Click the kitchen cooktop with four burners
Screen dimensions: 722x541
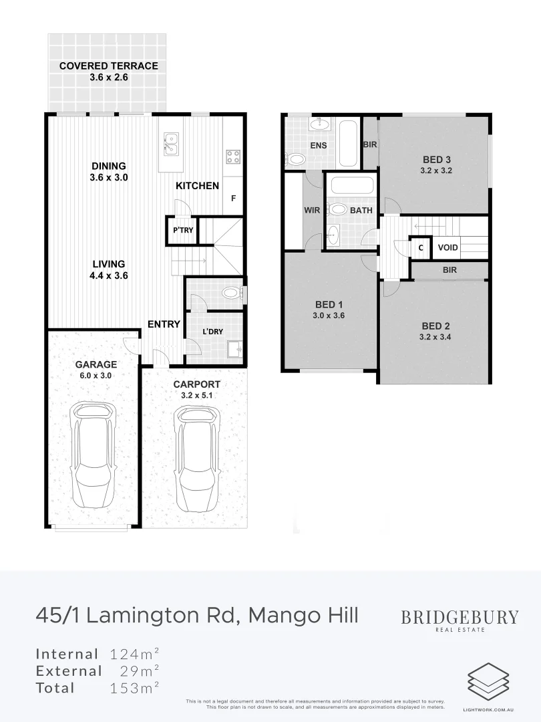click(x=233, y=156)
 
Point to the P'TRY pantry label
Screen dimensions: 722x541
click(x=183, y=230)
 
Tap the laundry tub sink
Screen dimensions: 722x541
click(x=234, y=349)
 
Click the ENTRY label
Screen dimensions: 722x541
click(x=164, y=324)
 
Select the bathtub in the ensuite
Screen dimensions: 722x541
click(x=348, y=143)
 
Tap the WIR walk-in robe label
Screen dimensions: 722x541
click(x=312, y=210)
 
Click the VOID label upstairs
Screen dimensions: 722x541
click(x=447, y=247)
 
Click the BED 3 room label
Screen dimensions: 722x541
click(x=437, y=159)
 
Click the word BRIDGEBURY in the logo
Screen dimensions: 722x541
click(x=460, y=616)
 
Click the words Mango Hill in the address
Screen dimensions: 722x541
click(x=303, y=614)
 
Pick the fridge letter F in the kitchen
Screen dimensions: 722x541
click(x=233, y=199)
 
